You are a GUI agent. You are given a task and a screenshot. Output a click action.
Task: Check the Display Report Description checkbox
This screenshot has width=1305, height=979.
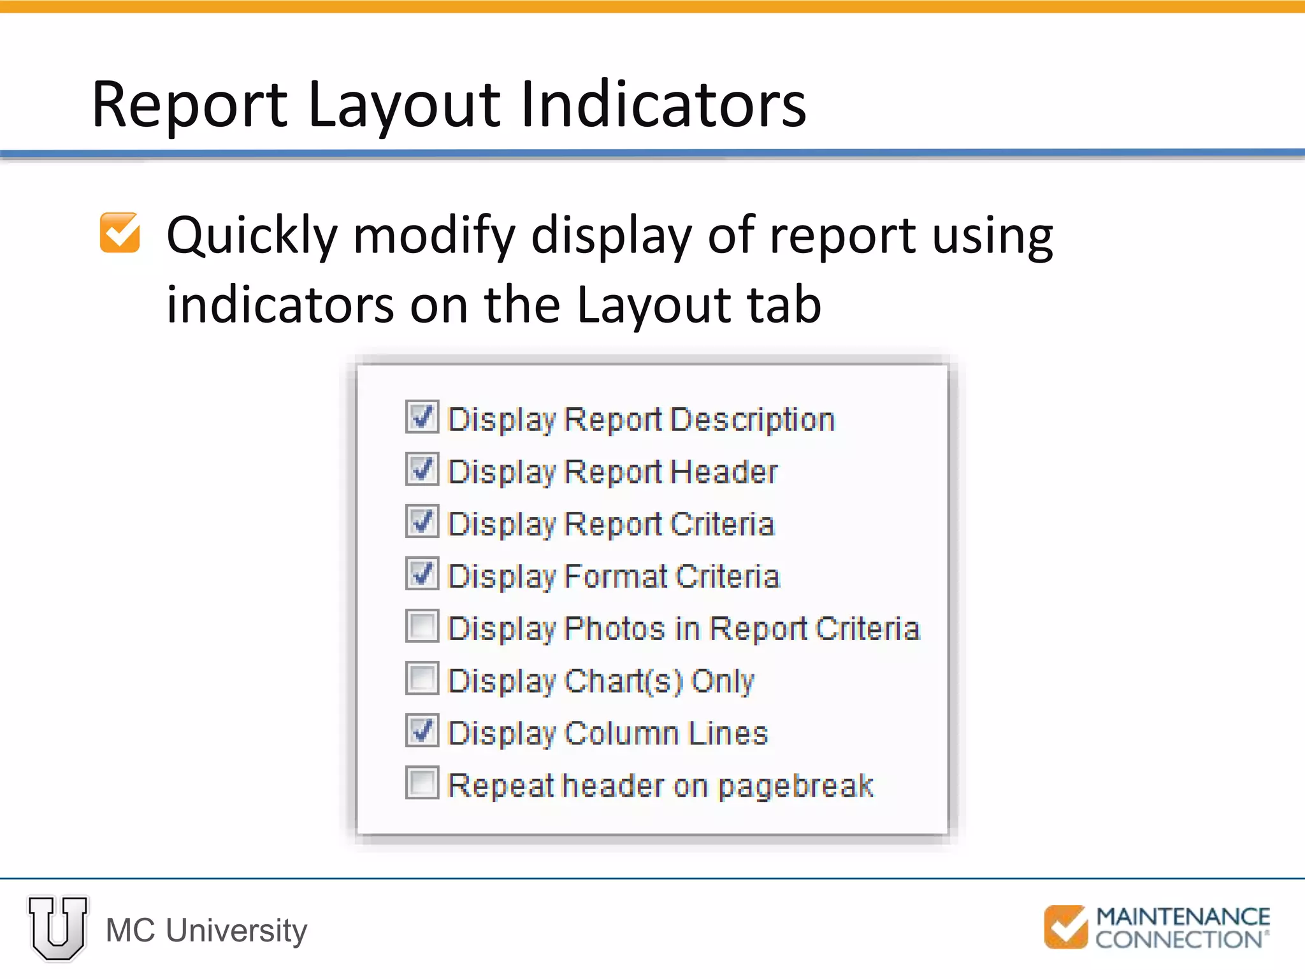422,417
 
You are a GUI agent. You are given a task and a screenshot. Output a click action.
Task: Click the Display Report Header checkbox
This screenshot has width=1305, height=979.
422,470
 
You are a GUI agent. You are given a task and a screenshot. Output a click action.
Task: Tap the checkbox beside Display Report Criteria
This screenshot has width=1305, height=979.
422,522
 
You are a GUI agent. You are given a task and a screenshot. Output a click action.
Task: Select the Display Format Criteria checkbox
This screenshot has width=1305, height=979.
422,574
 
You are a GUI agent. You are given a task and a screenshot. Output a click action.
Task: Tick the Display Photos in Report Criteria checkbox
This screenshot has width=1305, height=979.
422,627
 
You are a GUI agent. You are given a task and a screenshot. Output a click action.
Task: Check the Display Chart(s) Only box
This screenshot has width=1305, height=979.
422,679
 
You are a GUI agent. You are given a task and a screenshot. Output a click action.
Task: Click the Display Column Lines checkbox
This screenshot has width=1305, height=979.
422,731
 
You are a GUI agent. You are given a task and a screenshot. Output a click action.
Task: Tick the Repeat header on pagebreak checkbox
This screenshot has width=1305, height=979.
422,783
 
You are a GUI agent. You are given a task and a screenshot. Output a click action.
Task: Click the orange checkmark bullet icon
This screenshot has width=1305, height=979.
120,233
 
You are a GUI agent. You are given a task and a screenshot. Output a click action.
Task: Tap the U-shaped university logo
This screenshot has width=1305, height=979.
58,928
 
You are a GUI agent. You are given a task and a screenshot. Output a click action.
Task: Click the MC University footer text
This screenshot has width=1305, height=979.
206,931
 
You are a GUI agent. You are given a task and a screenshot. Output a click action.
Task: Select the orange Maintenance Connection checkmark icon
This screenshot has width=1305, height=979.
1065,927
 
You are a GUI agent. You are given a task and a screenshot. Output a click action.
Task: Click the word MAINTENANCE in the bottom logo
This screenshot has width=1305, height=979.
1183,917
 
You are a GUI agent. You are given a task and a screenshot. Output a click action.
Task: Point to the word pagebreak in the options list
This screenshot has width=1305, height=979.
796,787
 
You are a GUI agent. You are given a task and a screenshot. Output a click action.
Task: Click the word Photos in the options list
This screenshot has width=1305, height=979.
615,628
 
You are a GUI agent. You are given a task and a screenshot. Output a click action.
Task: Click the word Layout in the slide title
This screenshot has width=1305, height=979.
403,105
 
